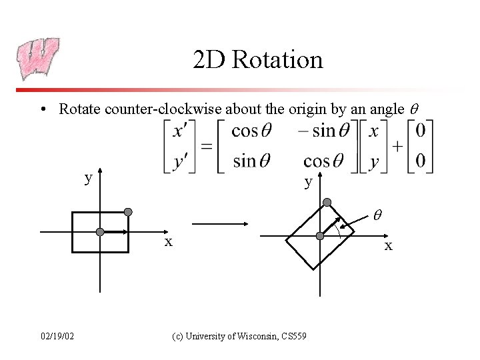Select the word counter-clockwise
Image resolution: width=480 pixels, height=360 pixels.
pyautogui.click(x=161, y=108)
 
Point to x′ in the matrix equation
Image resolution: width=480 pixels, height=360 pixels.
pyautogui.click(x=179, y=131)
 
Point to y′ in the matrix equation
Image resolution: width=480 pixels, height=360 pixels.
pyautogui.click(x=179, y=161)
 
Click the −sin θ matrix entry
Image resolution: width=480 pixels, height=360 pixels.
pyautogui.click(x=323, y=131)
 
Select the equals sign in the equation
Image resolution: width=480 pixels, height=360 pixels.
pyautogui.click(x=207, y=146)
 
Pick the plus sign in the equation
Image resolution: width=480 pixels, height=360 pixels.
pyautogui.click(x=398, y=146)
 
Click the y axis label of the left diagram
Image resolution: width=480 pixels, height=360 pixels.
pyautogui.click(x=88, y=178)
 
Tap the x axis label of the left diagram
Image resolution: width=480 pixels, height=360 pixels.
pyautogui.click(x=169, y=242)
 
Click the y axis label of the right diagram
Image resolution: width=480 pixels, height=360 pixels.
pyautogui.click(x=308, y=181)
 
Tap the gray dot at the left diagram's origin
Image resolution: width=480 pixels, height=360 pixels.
pyautogui.click(x=100, y=232)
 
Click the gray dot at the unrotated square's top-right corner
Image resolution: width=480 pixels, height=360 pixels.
pyautogui.click(x=128, y=212)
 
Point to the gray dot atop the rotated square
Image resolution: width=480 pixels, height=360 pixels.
pyautogui.click(x=327, y=202)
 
